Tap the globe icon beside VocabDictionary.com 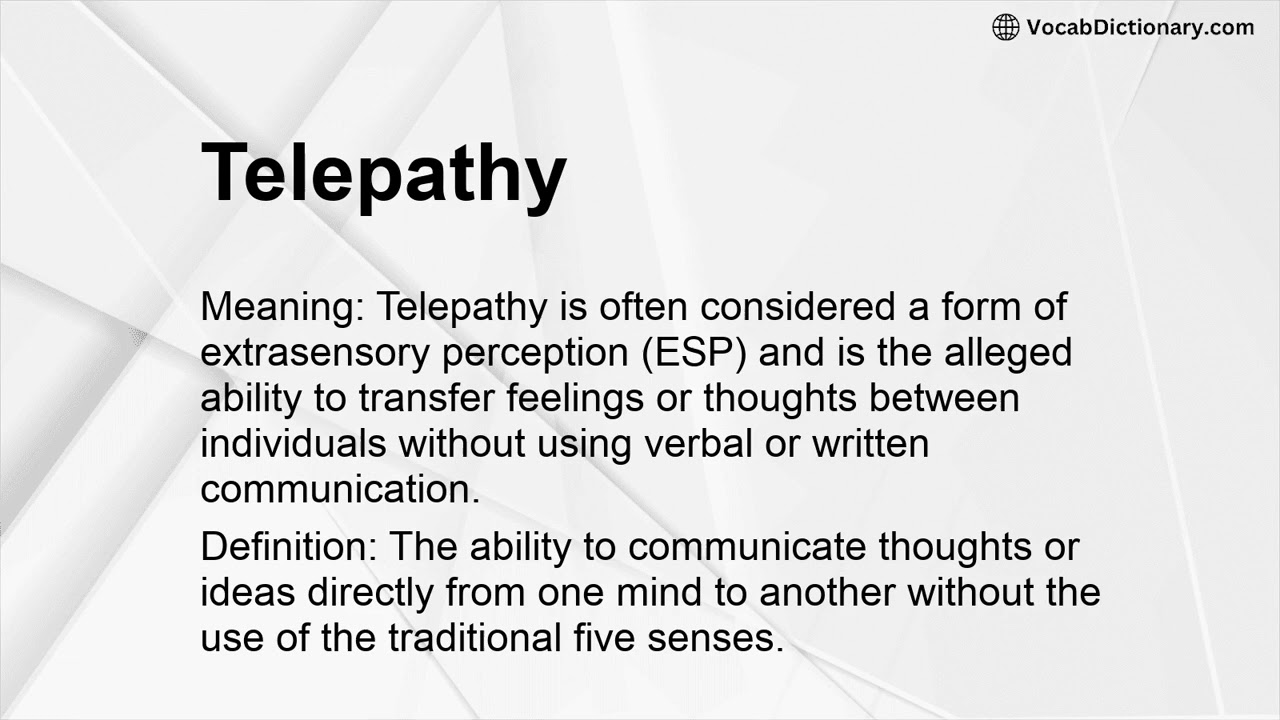pyautogui.click(x=1005, y=27)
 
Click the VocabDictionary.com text pyautogui.click(x=1140, y=27)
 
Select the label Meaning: pyautogui.click(x=283, y=308)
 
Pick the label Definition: pyautogui.click(x=290, y=547)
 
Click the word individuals pyautogui.click(x=295, y=443)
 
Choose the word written pyautogui.click(x=869, y=443)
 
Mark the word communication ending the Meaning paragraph pyautogui.click(x=338, y=489)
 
